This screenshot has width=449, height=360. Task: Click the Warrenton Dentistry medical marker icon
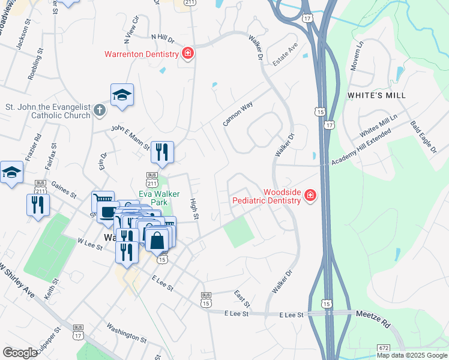[x=188, y=54]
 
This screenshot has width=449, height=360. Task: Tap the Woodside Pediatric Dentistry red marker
[x=310, y=196]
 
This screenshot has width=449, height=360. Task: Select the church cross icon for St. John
[x=100, y=110]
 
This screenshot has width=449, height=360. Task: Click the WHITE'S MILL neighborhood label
[x=376, y=95]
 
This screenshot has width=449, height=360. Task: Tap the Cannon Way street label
[x=238, y=113]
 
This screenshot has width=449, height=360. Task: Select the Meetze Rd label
[x=373, y=319]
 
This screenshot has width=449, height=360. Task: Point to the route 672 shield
[x=385, y=348]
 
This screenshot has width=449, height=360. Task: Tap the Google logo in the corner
[x=20, y=352]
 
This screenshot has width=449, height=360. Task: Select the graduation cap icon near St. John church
[x=122, y=94]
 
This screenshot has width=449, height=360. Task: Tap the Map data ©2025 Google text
[x=412, y=355]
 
